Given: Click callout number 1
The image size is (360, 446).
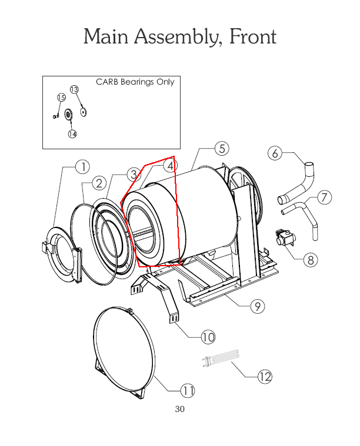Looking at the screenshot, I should coord(83,167).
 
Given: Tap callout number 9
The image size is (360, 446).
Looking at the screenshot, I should coord(256,306).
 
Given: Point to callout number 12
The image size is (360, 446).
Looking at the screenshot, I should coord(265,377).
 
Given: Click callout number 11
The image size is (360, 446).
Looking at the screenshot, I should coord(187,390).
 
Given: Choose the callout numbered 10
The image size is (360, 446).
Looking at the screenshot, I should coord(208,337).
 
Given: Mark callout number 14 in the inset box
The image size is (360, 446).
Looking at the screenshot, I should coord(72,133).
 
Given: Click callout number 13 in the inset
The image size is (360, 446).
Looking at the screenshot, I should coord(74,89).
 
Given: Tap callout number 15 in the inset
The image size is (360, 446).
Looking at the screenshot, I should coord(61,97).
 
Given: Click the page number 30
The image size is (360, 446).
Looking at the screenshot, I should coord(180,409).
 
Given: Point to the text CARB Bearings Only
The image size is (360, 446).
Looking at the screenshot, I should coord(135,82).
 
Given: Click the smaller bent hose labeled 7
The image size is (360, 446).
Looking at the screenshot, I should coord(303,215).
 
